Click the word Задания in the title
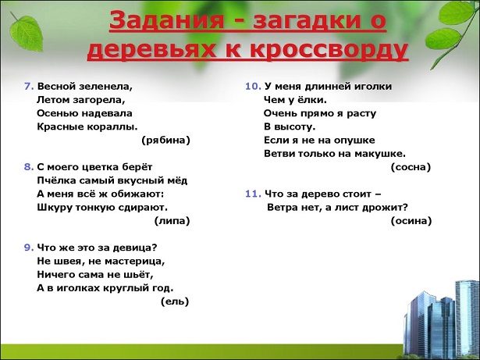coord(166,21)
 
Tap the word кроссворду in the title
coord(329,49)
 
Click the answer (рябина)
coord(166,141)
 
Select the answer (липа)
coord(172,221)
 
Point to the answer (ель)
coord(175,301)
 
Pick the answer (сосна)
coord(411,167)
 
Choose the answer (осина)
coord(411,221)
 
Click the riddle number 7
coord(29,87)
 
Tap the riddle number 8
coord(29,167)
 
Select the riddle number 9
coord(29,248)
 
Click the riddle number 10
coord(253,87)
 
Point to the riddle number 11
coord(253,194)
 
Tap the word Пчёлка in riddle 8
coord(56,180)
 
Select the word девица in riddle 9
coord(135,248)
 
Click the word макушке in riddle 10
coord(380,154)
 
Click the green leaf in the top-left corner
coord(26,32)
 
